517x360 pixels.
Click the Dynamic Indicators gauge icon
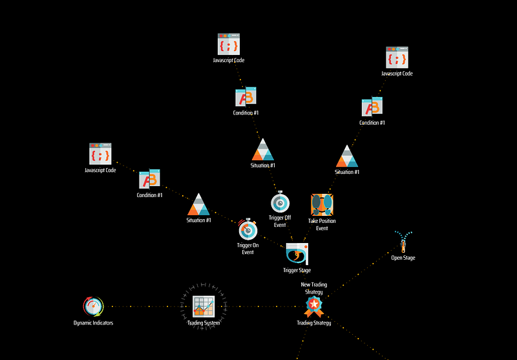point(93,306)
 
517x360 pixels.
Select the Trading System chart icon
point(204,306)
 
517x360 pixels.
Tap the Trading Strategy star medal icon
point(314,306)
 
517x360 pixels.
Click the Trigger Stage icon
point(297,254)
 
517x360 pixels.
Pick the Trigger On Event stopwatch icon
point(248,229)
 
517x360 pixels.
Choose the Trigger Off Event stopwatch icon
point(280,202)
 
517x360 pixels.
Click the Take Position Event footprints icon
point(322,205)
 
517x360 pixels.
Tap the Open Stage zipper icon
point(403,242)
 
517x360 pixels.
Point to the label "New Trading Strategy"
point(314,288)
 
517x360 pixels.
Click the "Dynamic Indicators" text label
point(93,323)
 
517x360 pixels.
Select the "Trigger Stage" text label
point(297,270)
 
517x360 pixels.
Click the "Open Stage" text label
point(403,258)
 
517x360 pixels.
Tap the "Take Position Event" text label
point(322,224)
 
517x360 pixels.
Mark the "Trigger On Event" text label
point(248,249)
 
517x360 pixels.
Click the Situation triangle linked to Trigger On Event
point(198,204)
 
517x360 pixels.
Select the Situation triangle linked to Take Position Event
point(347,156)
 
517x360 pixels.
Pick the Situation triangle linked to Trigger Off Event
point(263,150)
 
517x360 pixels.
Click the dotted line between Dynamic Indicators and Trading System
point(149,306)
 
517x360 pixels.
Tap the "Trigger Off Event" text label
point(280,221)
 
